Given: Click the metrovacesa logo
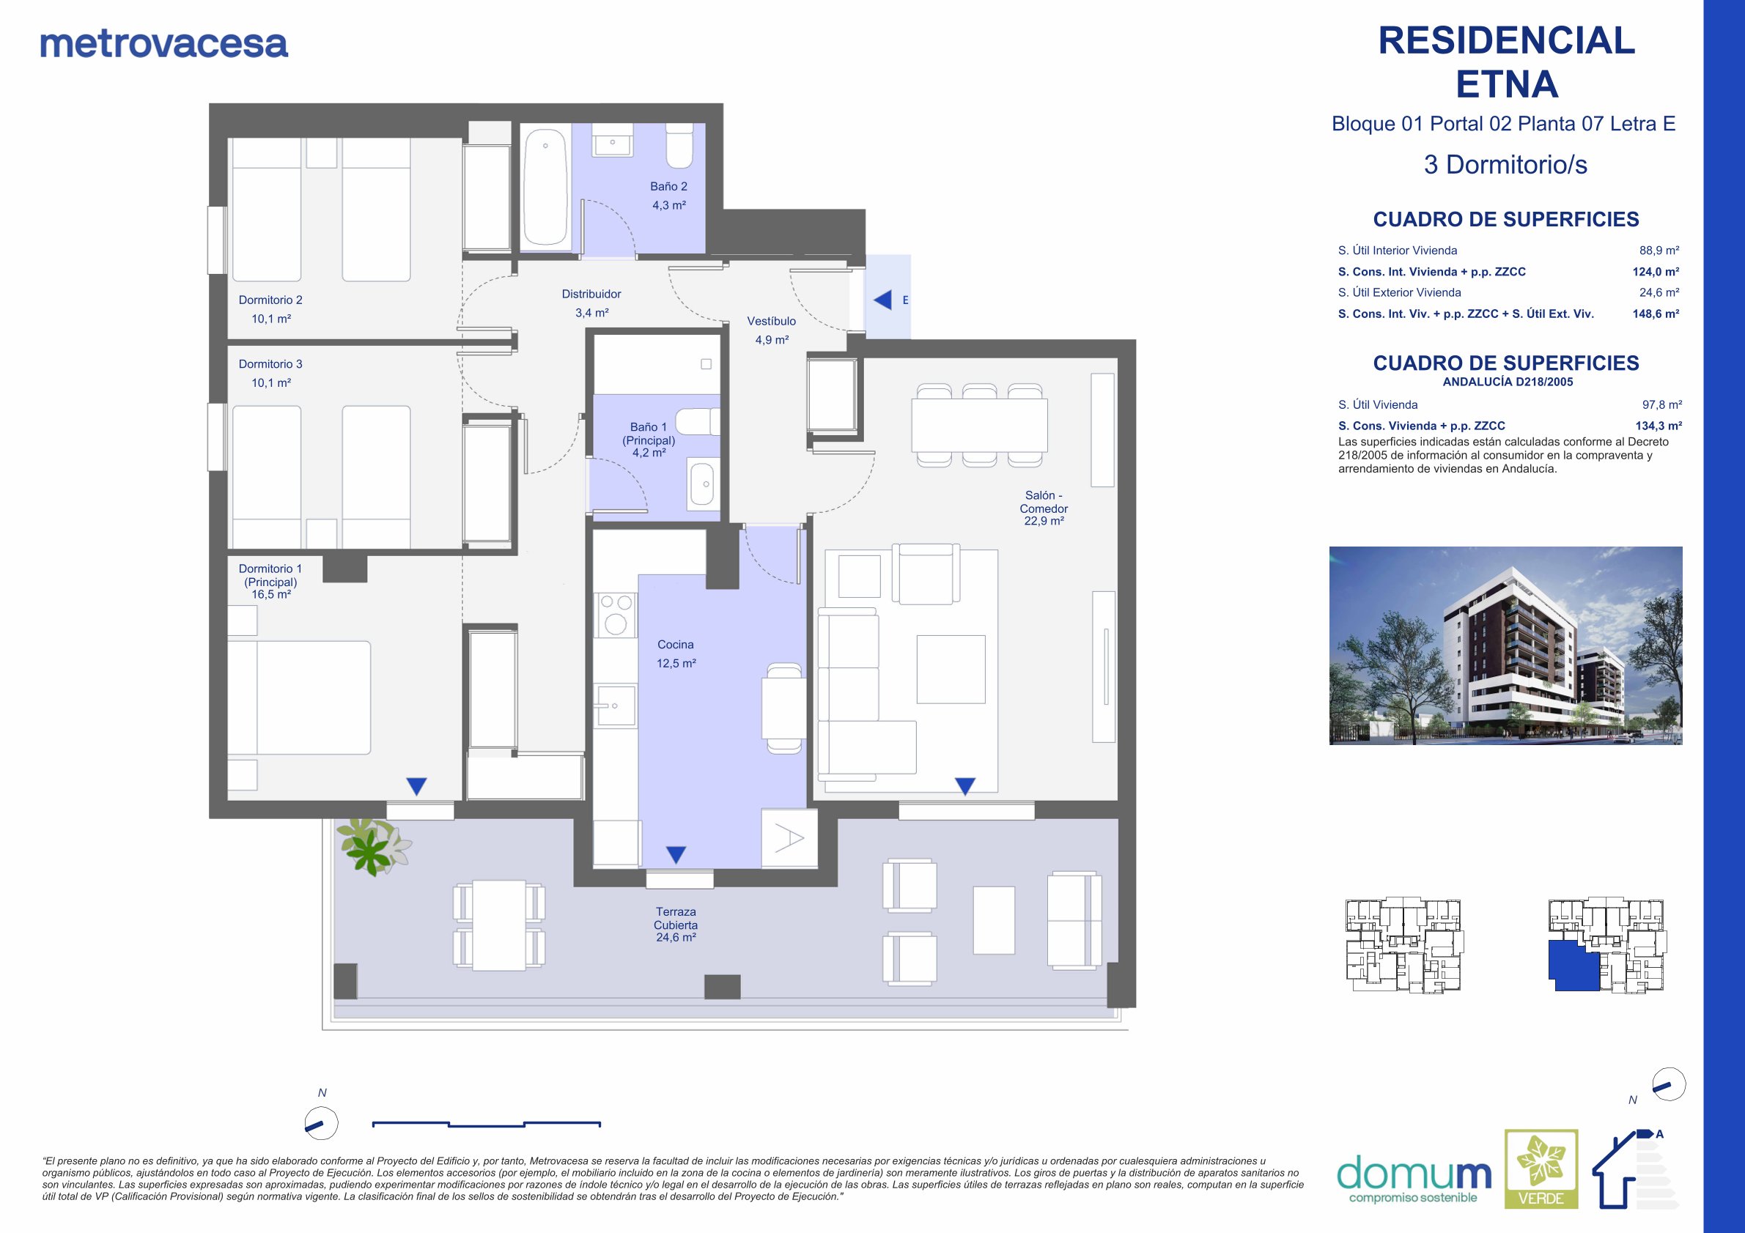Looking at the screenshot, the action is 164,44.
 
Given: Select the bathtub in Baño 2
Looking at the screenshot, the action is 546,187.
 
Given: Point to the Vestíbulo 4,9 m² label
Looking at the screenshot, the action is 772,330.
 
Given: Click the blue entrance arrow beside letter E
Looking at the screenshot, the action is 882,300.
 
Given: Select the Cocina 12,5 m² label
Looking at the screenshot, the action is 676,653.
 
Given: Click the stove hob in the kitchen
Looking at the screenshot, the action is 616,615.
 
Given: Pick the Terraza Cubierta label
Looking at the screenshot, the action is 676,925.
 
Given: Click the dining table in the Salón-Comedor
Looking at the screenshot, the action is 979,426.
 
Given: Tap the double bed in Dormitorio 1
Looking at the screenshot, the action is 300,697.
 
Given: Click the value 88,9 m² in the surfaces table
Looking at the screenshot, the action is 1659,250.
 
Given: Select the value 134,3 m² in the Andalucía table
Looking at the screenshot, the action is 1659,426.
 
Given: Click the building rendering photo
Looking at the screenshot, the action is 1505,645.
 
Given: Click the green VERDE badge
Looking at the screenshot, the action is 1541,1169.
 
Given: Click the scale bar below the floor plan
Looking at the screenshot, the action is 487,1124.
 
